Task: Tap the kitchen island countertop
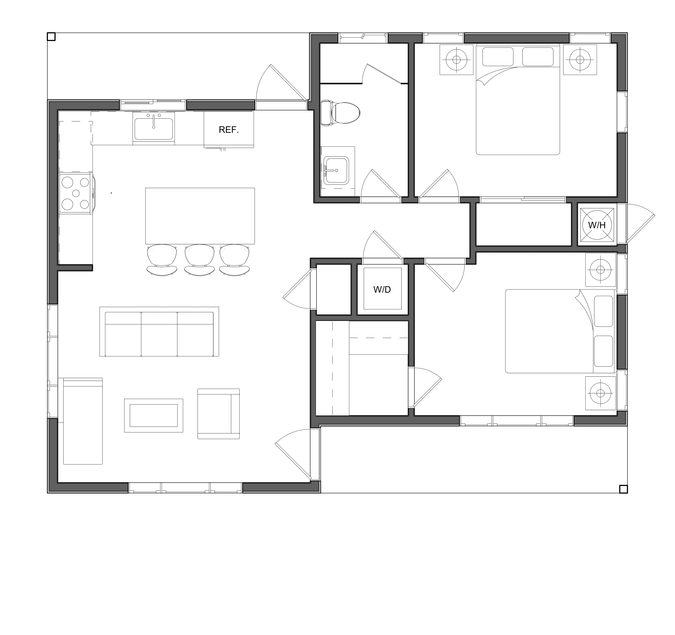tap(200, 216)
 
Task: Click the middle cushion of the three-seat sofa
tap(159, 334)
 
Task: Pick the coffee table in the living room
tap(154, 415)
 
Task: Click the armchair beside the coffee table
tap(219, 414)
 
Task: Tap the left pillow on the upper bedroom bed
tap(498, 57)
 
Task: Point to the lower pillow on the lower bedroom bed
tap(603, 351)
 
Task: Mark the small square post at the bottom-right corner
tap(623, 489)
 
